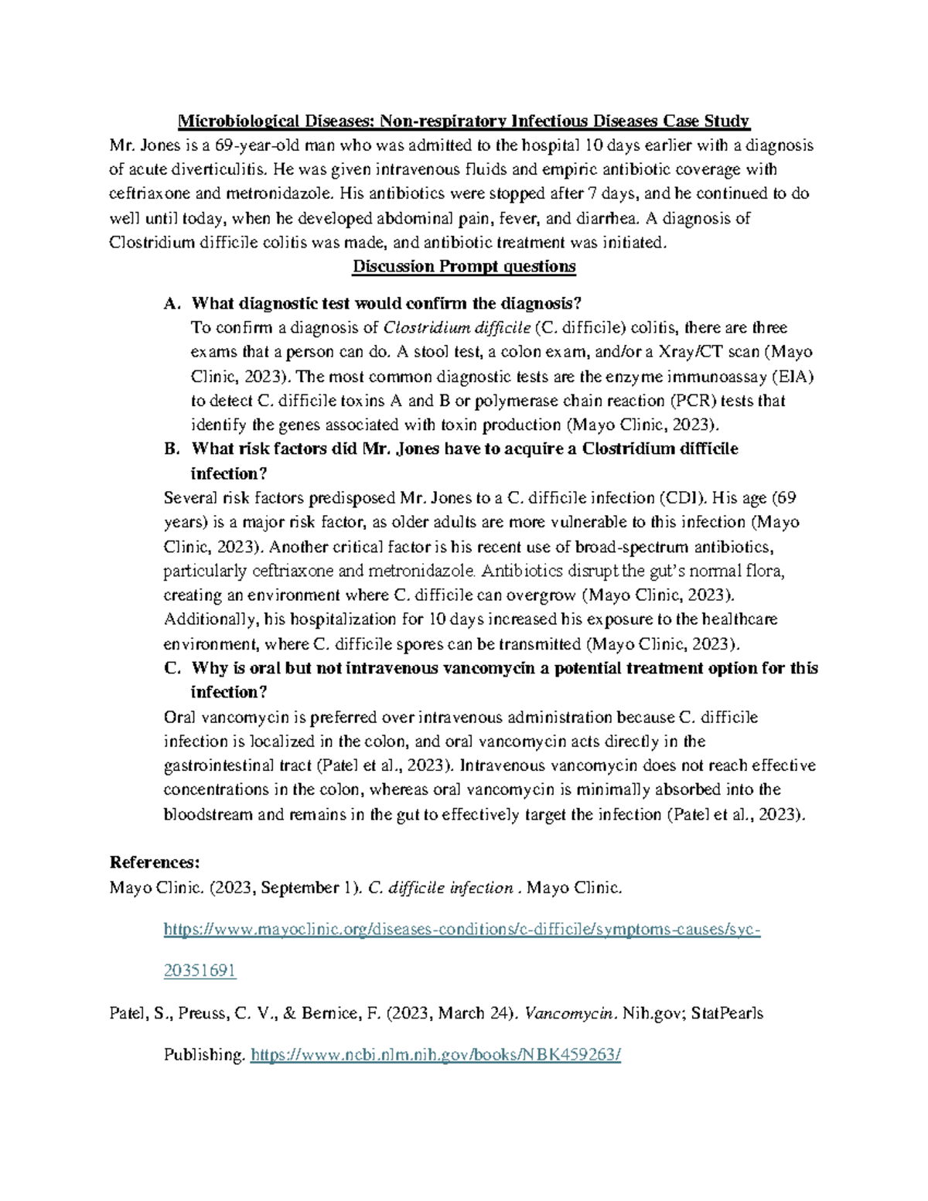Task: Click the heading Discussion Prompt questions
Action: click(x=464, y=267)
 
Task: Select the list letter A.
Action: click(x=170, y=303)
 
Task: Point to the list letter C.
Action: click(x=171, y=668)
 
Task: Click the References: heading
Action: click(x=155, y=863)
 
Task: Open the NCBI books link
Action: click(x=436, y=1055)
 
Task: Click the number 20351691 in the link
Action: click(x=200, y=971)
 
